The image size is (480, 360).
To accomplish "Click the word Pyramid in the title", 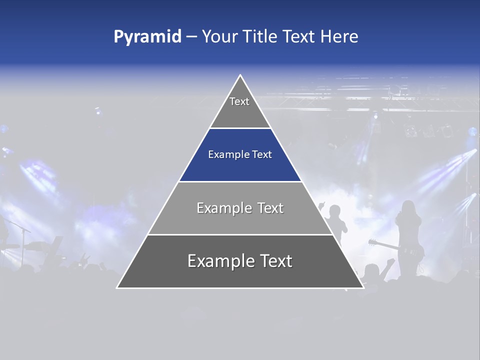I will click(147, 37).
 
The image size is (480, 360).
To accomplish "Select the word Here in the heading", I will click(339, 36).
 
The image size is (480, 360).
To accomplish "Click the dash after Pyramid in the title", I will click(191, 37).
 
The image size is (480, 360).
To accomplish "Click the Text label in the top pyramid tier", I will click(239, 101).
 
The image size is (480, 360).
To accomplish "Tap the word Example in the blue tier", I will click(226, 155).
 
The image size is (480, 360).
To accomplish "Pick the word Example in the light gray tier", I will click(222, 208).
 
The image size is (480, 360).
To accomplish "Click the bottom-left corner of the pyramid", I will click(117, 287).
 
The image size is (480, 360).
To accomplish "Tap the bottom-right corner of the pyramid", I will click(363, 287).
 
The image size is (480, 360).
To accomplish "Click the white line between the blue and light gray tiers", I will click(240, 181).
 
